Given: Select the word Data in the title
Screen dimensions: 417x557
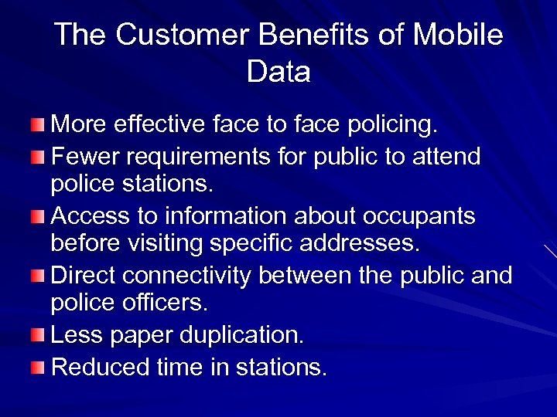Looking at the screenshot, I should tap(278, 72).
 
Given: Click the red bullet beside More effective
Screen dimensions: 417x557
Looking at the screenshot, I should tap(38, 124).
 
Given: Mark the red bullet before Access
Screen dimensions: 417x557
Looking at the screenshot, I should tap(38, 217).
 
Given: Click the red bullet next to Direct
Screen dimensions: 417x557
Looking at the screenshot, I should tap(38, 276).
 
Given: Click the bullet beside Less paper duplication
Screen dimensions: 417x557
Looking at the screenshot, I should tap(38, 335).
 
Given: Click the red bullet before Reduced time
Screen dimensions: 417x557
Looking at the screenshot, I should tap(38, 368).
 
